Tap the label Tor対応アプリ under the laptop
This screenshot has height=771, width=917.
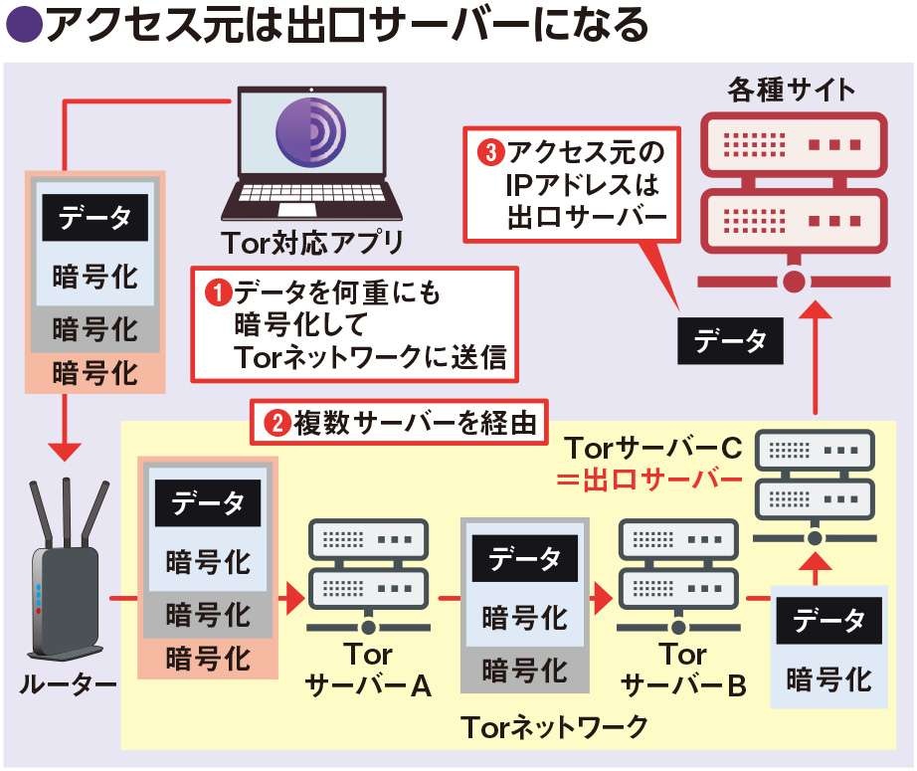point(314,242)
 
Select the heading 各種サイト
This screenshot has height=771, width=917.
point(792,90)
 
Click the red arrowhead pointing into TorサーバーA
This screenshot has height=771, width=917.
point(288,599)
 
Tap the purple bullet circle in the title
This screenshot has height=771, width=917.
point(23,26)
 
